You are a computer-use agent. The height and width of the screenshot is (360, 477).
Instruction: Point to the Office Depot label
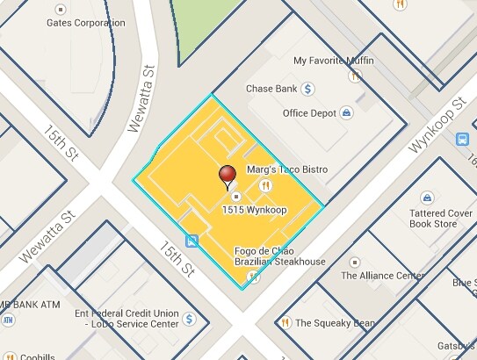[310, 113]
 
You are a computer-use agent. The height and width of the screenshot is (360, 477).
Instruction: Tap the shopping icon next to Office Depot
[347, 112]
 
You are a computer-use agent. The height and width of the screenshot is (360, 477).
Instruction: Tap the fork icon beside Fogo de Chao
[253, 277]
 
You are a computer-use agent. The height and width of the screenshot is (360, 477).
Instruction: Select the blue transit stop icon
[192, 241]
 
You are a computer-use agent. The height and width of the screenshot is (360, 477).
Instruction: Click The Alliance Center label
[381, 276]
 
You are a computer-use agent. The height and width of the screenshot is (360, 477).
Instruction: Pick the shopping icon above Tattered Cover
[428, 198]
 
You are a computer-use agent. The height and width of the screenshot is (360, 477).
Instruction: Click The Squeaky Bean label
[334, 322]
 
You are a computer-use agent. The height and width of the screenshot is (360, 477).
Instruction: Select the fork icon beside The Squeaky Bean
[286, 322]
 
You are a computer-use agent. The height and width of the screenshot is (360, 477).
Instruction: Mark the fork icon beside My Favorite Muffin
[353, 76]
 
